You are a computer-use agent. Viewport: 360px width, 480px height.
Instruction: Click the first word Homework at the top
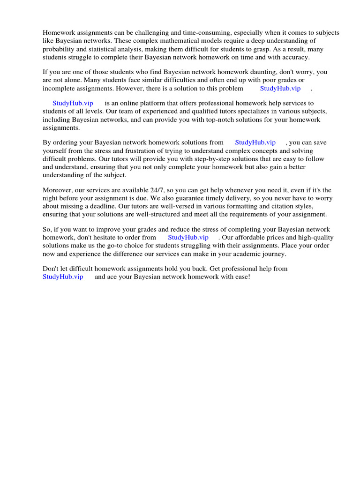58,33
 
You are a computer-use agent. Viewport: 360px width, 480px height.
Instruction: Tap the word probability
59,49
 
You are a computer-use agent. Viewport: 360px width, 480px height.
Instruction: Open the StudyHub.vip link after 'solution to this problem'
280,88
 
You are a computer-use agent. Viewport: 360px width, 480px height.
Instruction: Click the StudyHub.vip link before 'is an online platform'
73,103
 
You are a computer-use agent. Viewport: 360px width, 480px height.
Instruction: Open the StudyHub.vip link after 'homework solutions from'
255,142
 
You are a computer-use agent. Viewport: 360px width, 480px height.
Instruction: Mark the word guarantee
190,198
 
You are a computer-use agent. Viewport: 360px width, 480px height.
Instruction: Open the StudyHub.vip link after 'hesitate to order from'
188,237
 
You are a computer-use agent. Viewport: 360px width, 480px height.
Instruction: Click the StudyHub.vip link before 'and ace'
63,277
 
